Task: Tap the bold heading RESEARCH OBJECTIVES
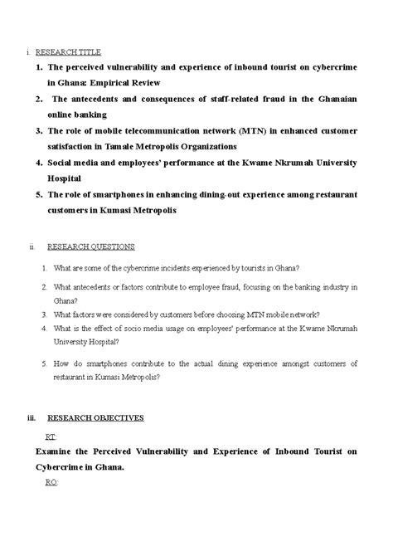95,417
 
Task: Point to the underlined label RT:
51,436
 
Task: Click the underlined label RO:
51,482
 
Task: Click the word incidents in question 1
167,268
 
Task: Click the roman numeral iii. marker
31,417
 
